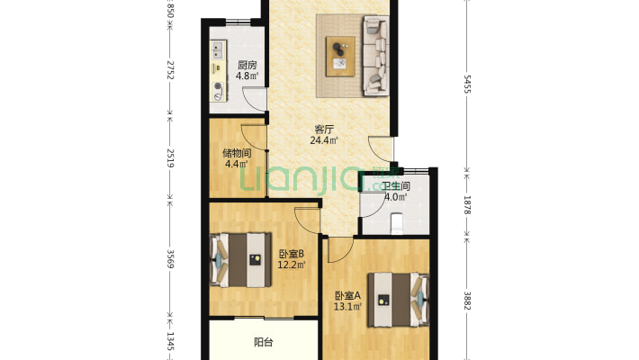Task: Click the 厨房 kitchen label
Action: pyautogui.click(x=247, y=65)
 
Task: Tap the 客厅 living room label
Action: pyautogui.click(x=324, y=130)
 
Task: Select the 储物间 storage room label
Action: pyautogui.click(x=237, y=153)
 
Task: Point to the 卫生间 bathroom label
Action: pyautogui.click(x=396, y=186)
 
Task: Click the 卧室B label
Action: pyautogui.click(x=292, y=254)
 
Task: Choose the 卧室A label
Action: pyautogui.click(x=347, y=295)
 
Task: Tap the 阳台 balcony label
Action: pyautogui.click(x=264, y=342)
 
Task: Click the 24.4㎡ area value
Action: pyautogui.click(x=324, y=140)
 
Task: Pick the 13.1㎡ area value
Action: pyautogui.click(x=347, y=306)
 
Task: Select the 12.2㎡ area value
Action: pyautogui.click(x=292, y=265)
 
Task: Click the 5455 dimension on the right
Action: pyautogui.click(x=467, y=85)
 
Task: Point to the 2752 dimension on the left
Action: pyautogui.click(x=170, y=70)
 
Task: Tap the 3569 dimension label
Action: pyautogui.click(x=170, y=259)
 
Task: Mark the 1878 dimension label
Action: pyautogui.click(x=467, y=205)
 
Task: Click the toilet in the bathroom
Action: pyautogui.click(x=397, y=224)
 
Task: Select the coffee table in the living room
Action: pyautogui.click(x=340, y=57)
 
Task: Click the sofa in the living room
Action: pyautogui.click(x=375, y=56)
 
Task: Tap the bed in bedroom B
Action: pyautogui.click(x=240, y=260)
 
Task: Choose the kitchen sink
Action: pyautogui.click(x=218, y=50)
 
